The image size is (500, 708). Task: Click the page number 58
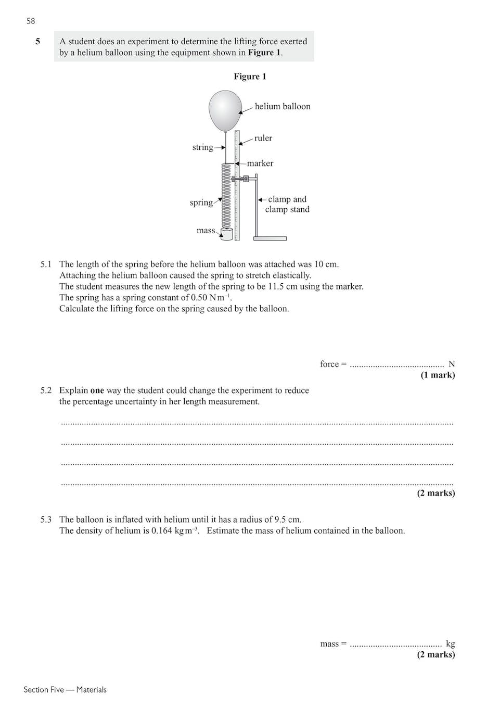pos(31,21)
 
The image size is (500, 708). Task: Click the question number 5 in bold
pos(37,41)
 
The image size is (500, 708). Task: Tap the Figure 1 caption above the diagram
pos(250,77)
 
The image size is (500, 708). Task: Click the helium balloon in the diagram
pos(225,110)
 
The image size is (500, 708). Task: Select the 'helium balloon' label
pos(282,106)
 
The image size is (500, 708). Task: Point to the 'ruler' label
pos(263,138)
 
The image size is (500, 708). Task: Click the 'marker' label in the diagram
pos(260,163)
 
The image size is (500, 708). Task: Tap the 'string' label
pos(202,147)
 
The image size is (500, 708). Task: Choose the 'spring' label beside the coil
pos(201,203)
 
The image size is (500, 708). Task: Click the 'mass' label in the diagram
pos(206,231)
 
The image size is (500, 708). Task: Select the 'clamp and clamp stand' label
pos(287,204)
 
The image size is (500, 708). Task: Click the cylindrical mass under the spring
pos(226,234)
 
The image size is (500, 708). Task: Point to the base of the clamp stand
pos(270,238)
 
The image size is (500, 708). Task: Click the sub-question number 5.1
pos(46,264)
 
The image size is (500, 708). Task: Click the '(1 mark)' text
pos(438,375)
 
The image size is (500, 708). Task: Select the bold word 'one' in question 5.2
pos(97,390)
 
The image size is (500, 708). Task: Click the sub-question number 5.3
pos(46,520)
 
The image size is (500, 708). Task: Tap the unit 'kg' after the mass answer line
pos(450,644)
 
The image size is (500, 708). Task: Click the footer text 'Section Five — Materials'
pos(65,690)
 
